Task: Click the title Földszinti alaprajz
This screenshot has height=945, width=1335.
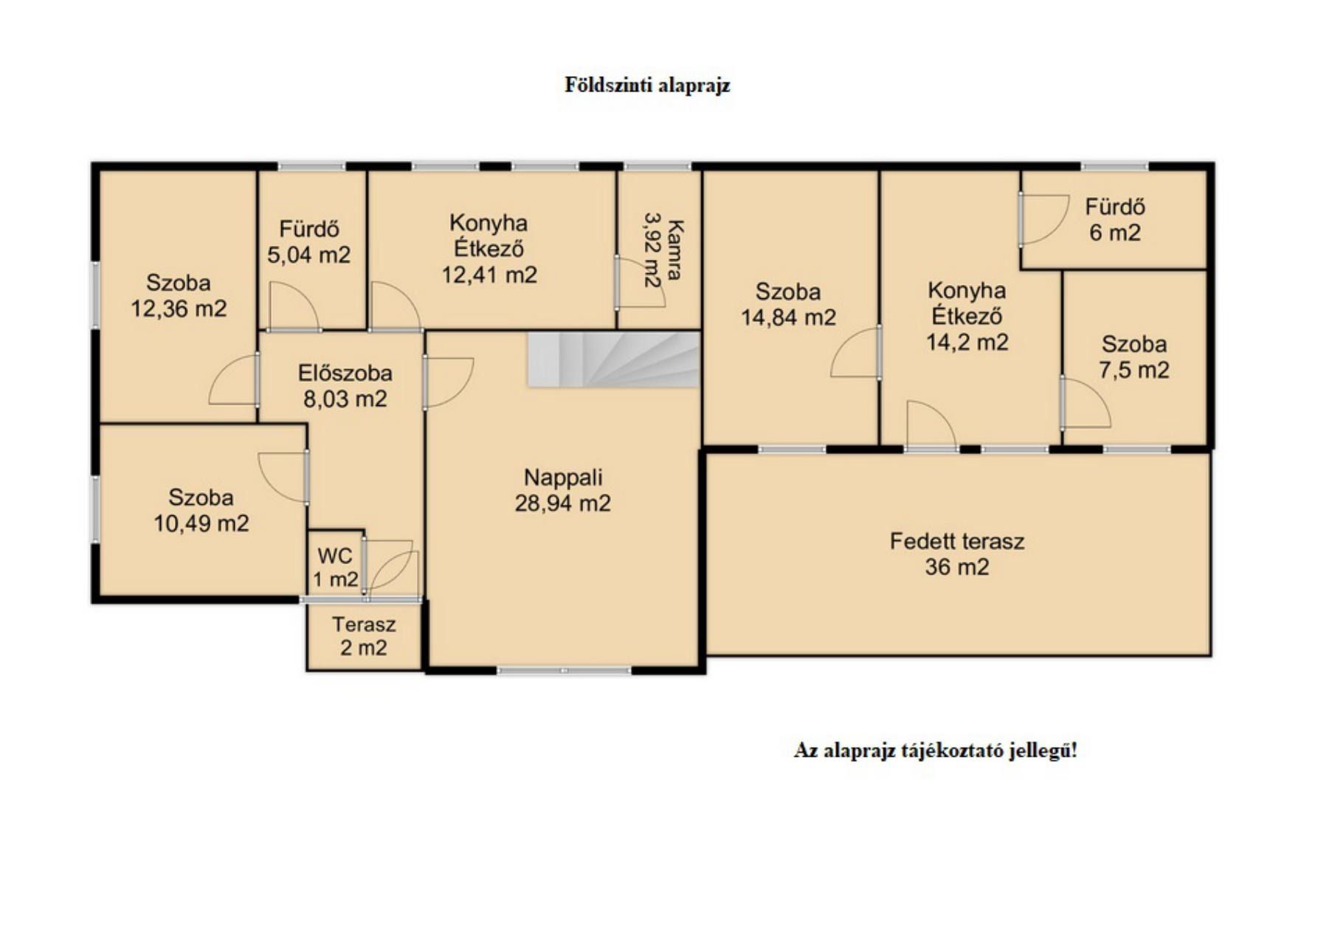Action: point(647,86)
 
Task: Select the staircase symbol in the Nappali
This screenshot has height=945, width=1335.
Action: point(613,359)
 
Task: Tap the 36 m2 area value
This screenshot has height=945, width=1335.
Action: point(957,567)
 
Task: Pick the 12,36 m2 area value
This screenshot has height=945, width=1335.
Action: point(179,309)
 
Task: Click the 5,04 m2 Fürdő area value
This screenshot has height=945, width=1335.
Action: point(308,255)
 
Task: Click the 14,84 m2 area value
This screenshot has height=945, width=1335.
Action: point(788,317)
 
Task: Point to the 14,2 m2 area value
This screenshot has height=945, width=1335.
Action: point(967,342)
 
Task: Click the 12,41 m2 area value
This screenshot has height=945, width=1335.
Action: point(489,275)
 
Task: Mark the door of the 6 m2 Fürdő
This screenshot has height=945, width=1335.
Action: point(1043,219)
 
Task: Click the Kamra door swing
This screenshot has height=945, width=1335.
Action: point(640,283)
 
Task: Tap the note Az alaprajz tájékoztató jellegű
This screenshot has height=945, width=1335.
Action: point(935,751)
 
